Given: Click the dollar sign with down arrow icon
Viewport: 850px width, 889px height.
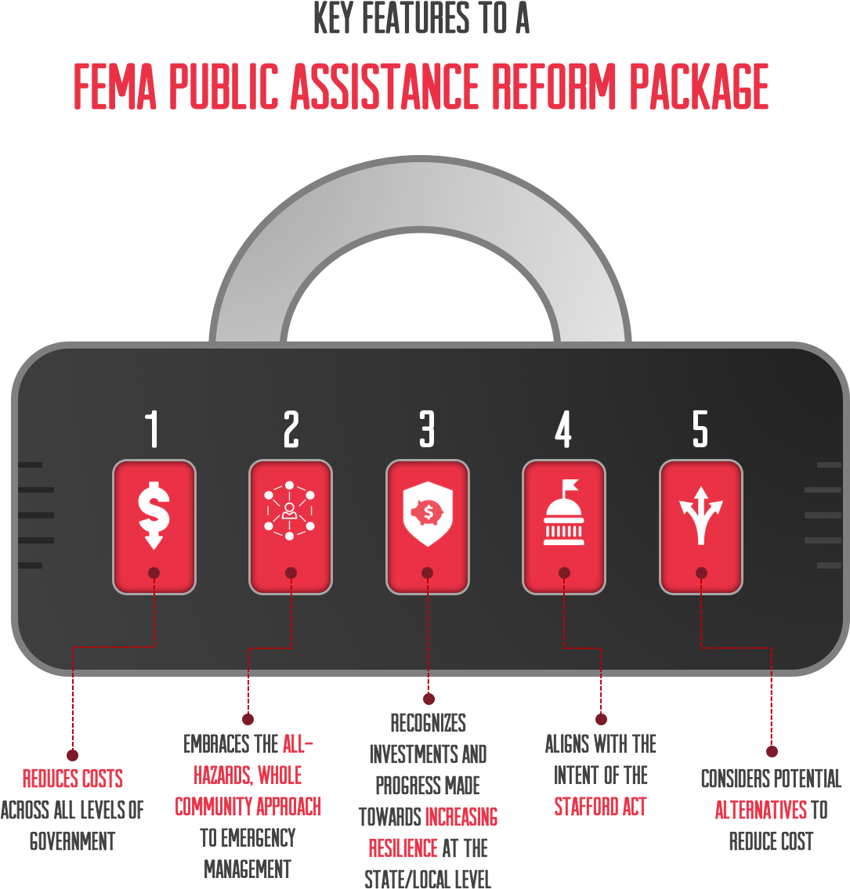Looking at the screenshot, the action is click(154, 515).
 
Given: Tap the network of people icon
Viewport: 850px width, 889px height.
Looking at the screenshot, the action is click(289, 510).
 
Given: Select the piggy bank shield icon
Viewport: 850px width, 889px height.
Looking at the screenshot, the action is click(428, 514).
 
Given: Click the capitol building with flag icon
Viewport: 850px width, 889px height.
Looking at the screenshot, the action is click(563, 512).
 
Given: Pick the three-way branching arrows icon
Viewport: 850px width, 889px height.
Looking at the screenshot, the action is click(701, 515).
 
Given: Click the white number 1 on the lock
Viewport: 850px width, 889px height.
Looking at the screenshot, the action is click(152, 428).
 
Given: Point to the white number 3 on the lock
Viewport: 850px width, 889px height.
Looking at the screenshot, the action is click(427, 428).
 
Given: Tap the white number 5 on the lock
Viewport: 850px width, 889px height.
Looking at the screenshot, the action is click(700, 428).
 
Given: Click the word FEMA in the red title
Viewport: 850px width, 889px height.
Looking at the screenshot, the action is click(115, 86).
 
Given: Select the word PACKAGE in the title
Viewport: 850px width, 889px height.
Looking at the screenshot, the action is click(699, 86).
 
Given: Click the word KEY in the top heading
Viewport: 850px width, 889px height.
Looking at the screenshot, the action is click(334, 17).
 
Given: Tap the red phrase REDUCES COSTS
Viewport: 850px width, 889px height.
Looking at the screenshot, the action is click(73, 779).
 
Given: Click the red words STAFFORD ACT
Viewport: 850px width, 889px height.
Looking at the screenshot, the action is click(601, 806).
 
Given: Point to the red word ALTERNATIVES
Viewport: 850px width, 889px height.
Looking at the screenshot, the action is click(761, 810).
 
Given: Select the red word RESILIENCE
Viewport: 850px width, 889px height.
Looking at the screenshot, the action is click(403, 848).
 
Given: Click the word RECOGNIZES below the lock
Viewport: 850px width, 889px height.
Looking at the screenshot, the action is click(428, 723).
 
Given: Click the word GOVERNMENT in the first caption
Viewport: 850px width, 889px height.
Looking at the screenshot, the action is click(73, 840).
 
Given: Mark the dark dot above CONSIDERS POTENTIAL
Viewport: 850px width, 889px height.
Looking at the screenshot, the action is click(772, 751).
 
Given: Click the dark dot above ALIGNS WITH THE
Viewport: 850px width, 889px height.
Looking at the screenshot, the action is click(601, 719).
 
